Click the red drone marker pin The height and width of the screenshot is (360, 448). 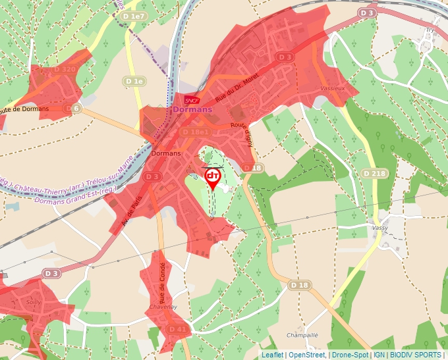point(212,178)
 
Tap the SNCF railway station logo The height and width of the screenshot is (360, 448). point(192,100)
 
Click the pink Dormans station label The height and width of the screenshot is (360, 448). point(192,109)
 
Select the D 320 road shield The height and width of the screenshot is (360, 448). point(65,68)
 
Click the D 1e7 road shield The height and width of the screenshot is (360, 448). point(134,15)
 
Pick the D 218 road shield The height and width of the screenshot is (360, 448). point(374,173)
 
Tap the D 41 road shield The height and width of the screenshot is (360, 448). point(177,328)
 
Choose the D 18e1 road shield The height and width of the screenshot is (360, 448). point(196,132)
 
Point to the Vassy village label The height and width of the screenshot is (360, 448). point(380,227)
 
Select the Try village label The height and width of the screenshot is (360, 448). point(430,30)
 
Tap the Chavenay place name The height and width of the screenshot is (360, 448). point(163,307)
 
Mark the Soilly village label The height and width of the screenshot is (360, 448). point(32,302)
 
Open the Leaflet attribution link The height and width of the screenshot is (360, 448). point(272,355)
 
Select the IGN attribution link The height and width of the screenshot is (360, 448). point(379,355)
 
